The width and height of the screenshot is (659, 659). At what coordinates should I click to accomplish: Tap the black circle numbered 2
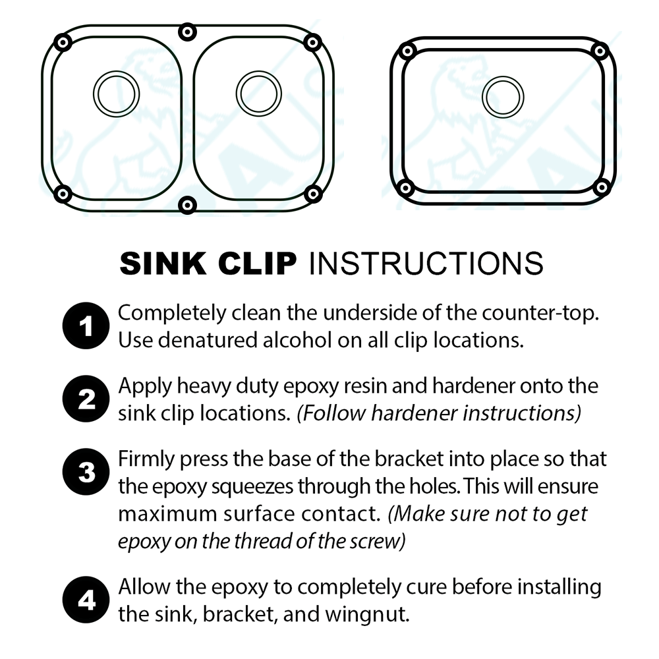84,400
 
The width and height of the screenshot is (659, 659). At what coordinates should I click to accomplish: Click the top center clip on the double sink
188,32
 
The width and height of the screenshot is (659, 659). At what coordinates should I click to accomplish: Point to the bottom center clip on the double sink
188,205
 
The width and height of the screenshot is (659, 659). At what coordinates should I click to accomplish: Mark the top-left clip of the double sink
63,42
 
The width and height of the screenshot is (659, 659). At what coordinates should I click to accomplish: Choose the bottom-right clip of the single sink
600,188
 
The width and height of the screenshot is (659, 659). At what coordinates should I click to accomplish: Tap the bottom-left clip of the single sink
407,188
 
